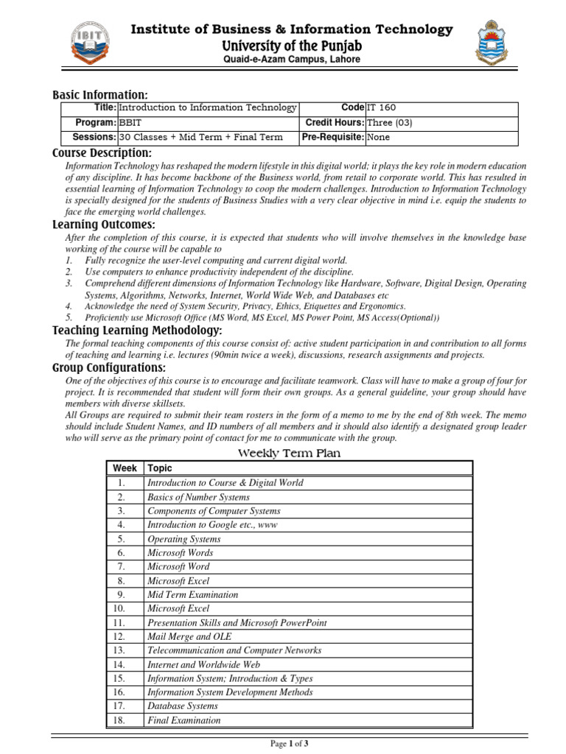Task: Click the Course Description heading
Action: [x=102, y=153]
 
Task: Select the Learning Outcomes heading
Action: [x=103, y=225]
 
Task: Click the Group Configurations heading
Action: [x=109, y=367]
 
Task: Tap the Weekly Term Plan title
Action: [x=288, y=453]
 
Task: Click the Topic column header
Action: [x=160, y=468]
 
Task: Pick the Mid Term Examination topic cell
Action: [x=193, y=594]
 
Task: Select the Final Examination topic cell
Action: [x=184, y=720]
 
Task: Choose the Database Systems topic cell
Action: [x=183, y=706]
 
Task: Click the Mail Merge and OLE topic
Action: [x=189, y=636]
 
